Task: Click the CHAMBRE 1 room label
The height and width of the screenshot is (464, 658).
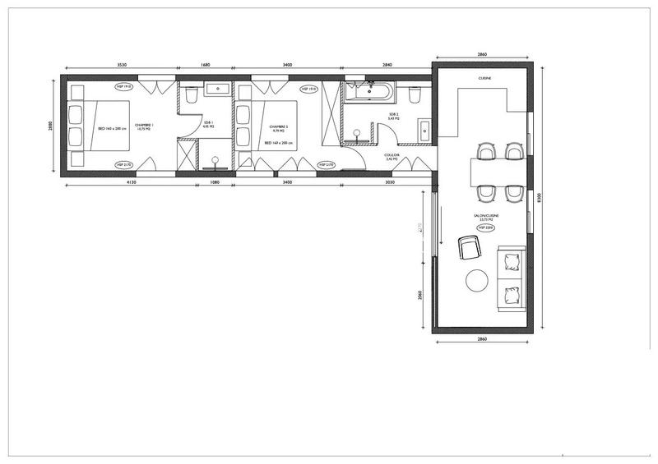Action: point(146,126)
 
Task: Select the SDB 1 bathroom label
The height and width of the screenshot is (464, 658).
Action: point(209,125)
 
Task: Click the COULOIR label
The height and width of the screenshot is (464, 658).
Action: point(392,157)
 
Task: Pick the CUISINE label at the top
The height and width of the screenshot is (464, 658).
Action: point(484,78)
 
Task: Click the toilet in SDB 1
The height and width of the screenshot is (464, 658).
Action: point(190,95)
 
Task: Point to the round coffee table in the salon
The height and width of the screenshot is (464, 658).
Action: point(477,281)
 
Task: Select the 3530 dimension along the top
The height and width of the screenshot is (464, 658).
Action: point(121,64)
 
